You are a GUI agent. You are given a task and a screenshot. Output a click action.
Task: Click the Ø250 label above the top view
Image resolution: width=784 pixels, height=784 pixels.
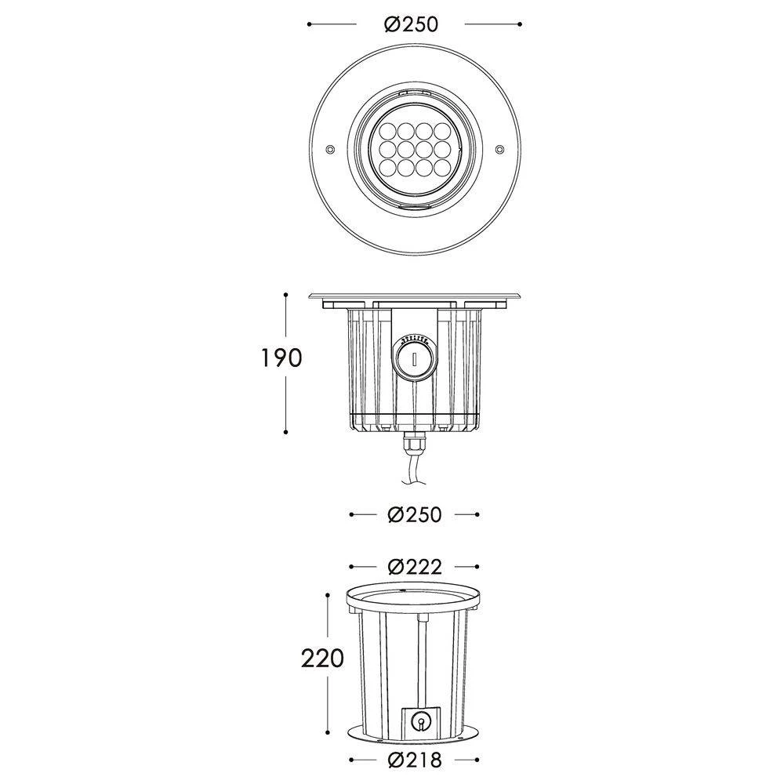[411, 24]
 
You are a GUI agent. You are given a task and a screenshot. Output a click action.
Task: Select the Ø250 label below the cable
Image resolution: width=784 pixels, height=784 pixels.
[415, 515]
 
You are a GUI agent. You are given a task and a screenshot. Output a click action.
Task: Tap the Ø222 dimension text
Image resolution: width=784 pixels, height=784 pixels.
[415, 567]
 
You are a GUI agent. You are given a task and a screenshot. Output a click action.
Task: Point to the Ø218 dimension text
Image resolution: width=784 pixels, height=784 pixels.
[415, 760]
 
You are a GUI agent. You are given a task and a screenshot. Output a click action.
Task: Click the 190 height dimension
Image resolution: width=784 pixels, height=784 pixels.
[280, 358]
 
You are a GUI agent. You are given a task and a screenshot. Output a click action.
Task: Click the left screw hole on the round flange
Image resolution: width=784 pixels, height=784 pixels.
[329, 147]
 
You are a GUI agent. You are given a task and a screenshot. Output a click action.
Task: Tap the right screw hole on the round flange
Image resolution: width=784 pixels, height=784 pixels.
[499, 147]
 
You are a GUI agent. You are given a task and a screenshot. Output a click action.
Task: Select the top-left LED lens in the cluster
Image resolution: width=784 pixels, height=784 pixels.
[390, 129]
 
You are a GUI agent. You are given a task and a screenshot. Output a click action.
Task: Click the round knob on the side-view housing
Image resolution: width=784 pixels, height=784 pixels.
[411, 360]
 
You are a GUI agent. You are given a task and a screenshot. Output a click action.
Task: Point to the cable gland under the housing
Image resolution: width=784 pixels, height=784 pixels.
[412, 445]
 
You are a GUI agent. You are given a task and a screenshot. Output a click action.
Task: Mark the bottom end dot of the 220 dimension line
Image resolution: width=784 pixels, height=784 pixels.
[325, 729]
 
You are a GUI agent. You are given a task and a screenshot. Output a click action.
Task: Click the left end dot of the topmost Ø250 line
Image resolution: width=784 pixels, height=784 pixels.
[310, 24]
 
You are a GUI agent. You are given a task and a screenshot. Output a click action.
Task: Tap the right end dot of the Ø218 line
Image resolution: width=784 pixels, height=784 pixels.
[477, 760]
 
